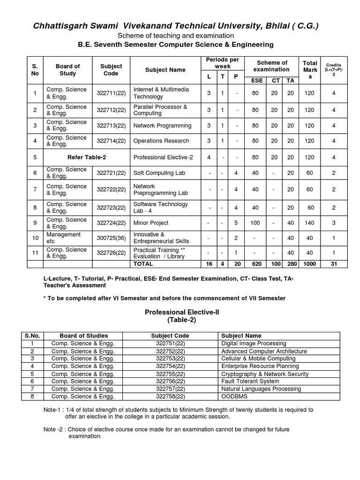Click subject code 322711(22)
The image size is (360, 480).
pos(112,93)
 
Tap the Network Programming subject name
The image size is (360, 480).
pos(162,126)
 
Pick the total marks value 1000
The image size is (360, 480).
pos(309,264)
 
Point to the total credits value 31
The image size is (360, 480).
pos(334,264)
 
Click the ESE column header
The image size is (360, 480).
pos(257,80)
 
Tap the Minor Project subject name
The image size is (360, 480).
pos(151,223)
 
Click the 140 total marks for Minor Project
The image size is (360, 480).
pos(309,223)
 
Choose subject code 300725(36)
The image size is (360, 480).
pos(112,238)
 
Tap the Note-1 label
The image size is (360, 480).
pos(53,410)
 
